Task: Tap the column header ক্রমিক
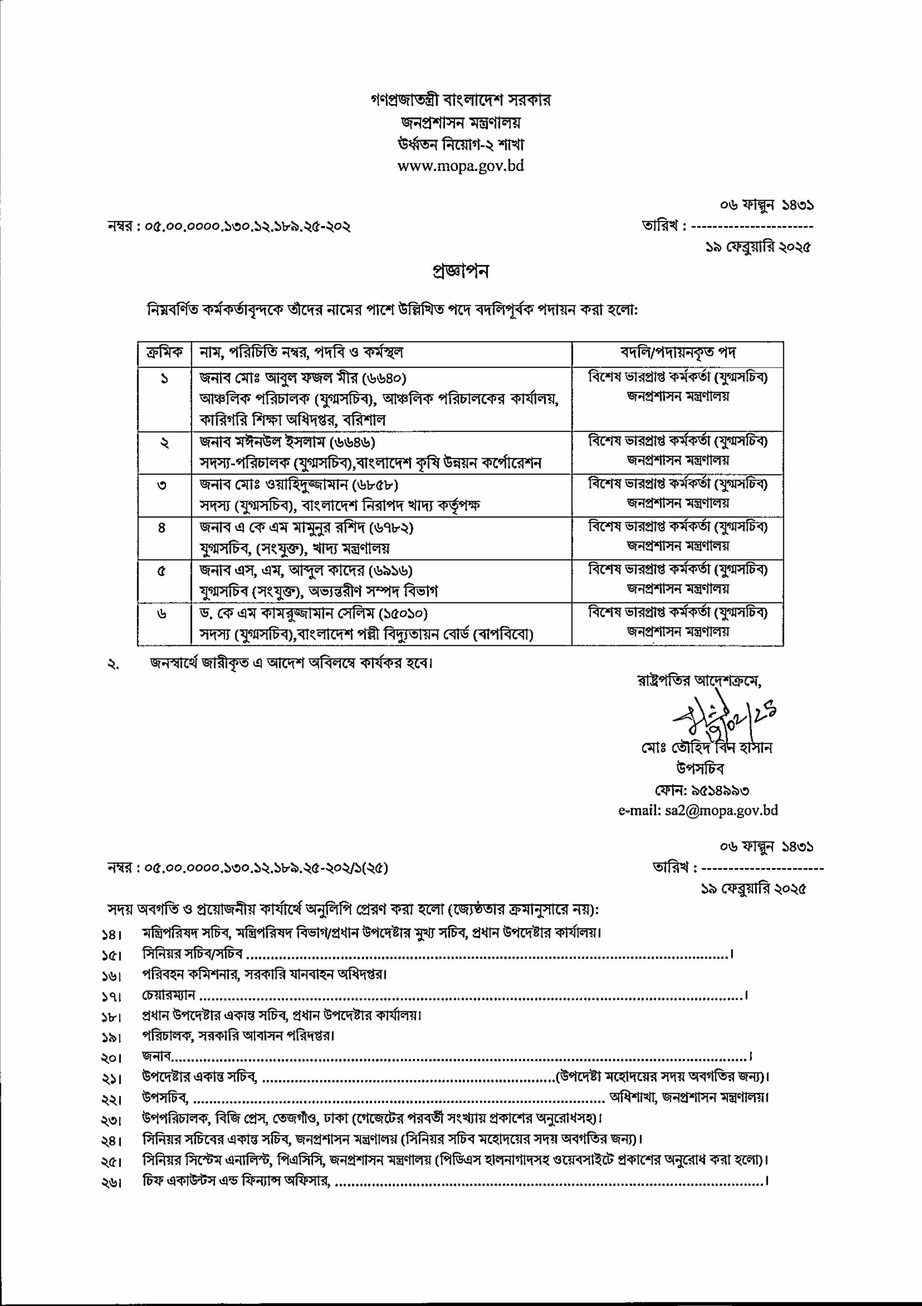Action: coord(164,353)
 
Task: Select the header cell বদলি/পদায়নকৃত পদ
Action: coord(677,353)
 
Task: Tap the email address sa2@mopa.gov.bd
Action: coord(721,810)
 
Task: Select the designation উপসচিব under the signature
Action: coord(700,769)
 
